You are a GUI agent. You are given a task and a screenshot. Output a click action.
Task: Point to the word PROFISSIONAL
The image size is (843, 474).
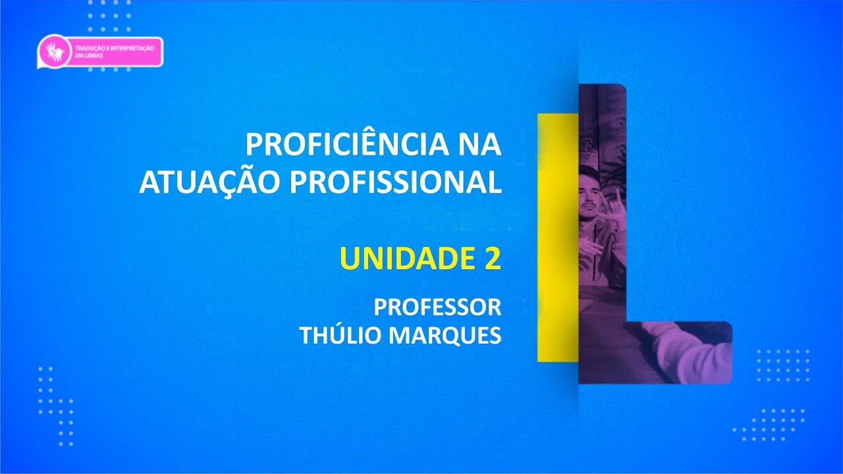tap(395, 182)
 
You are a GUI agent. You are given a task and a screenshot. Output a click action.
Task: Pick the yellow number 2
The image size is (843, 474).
tap(491, 259)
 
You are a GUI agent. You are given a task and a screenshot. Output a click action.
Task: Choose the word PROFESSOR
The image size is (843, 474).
tap(437, 307)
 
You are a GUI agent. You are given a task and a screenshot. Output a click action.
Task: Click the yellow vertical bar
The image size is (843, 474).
tap(557, 237)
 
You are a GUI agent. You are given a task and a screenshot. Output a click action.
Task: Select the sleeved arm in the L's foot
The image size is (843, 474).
tap(685, 349)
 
